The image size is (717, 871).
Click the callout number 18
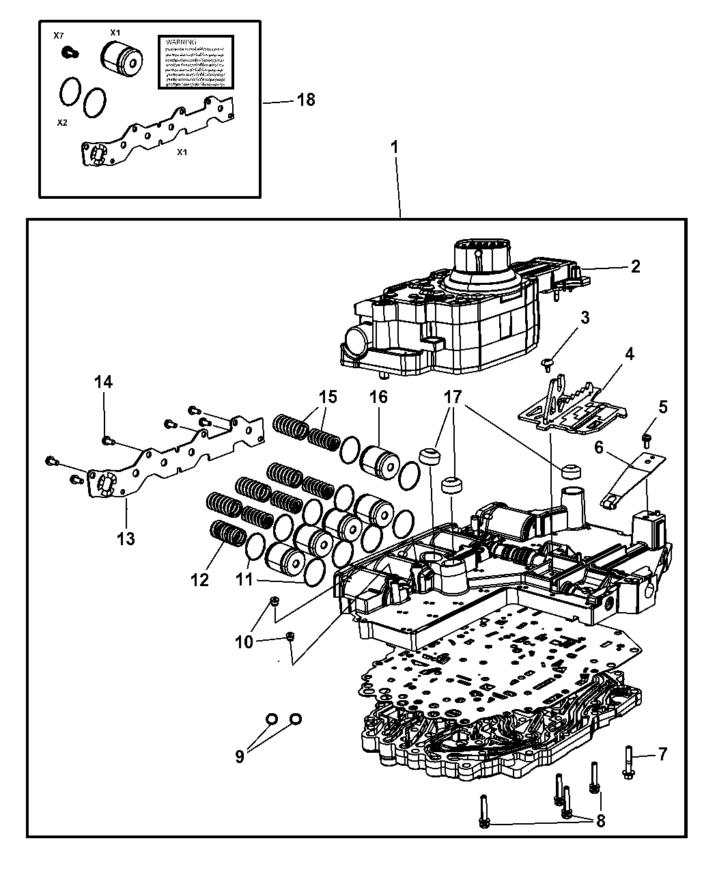(x=306, y=100)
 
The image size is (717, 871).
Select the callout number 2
(x=636, y=266)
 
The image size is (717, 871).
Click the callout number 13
(x=126, y=538)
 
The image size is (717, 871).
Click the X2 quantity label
(x=62, y=123)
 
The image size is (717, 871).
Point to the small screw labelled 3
(x=547, y=363)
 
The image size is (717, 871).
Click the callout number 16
(x=378, y=397)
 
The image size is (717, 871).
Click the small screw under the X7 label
(x=67, y=51)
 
